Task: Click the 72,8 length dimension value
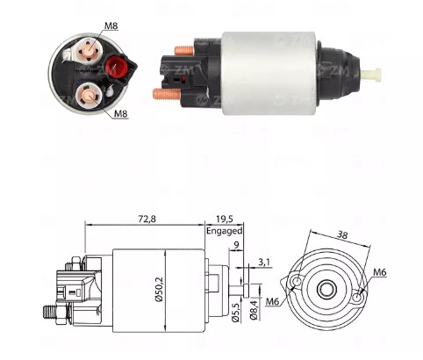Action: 147,219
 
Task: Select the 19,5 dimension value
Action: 225,219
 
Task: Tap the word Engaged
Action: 225,231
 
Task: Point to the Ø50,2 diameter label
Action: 159,290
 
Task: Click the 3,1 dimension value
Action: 264,263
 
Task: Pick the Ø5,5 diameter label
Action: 236,313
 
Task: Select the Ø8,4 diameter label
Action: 254,309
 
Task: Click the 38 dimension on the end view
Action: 342,234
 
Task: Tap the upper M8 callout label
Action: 111,25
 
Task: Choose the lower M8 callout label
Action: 121,113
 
